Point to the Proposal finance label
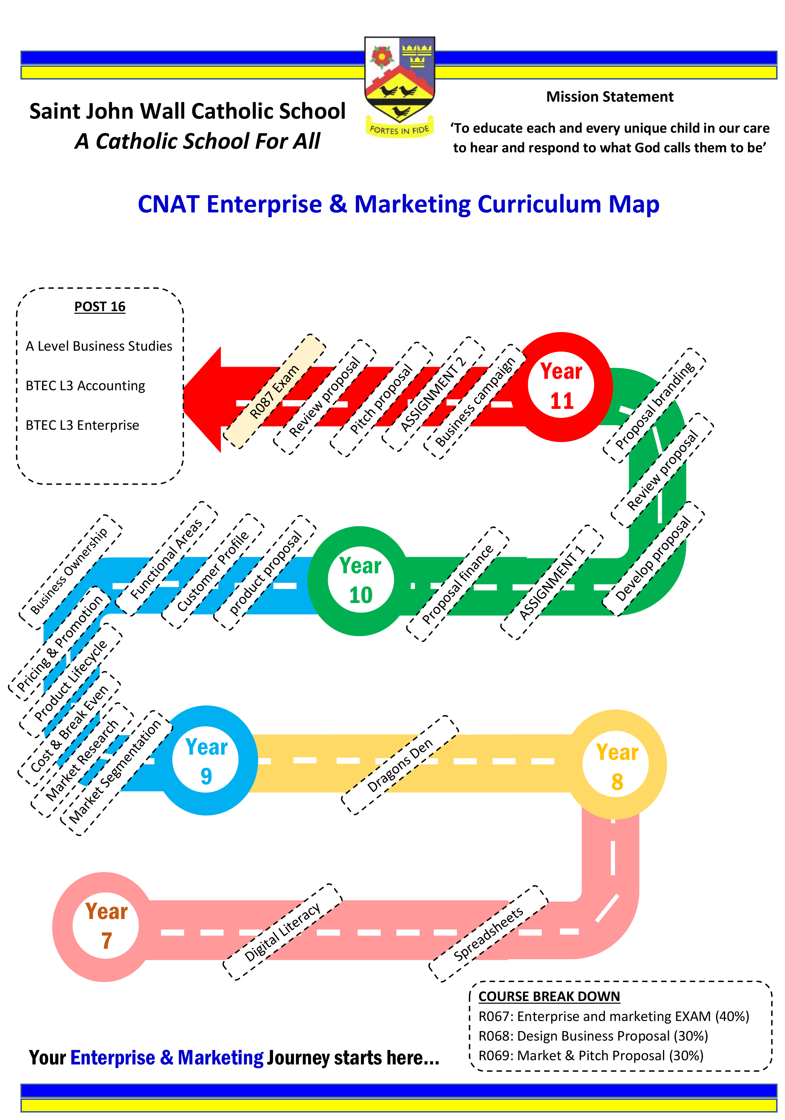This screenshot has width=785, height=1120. click(x=458, y=584)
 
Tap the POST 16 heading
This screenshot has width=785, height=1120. click(x=100, y=307)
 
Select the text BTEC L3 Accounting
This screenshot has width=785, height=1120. click(x=85, y=386)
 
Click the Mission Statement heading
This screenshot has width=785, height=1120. click(x=610, y=97)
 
